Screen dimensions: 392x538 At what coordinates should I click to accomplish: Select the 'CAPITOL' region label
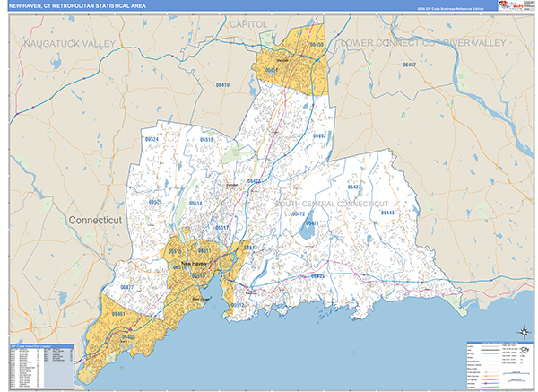(248, 22)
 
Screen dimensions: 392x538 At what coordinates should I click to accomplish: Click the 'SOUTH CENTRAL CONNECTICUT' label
(332, 205)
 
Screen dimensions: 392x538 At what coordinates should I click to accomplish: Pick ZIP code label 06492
(319, 136)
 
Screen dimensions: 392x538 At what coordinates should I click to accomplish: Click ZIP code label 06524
(152, 140)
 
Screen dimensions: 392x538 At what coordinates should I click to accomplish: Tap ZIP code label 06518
(207, 141)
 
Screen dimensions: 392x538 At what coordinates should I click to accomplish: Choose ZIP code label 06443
(387, 213)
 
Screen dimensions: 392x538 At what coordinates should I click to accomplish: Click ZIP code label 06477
(126, 287)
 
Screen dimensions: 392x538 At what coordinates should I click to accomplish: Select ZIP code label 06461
(118, 314)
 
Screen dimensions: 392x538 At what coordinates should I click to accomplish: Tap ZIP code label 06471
(312, 222)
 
